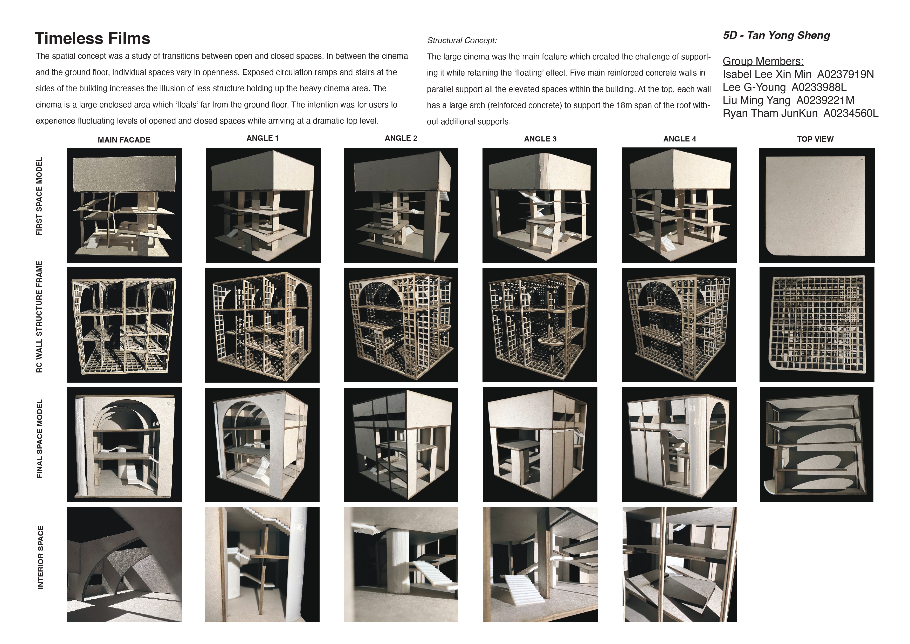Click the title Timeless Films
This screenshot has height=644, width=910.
coord(92,38)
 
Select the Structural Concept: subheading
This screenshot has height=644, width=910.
coord(462,40)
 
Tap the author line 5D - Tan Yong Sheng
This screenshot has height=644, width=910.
coord(776,36)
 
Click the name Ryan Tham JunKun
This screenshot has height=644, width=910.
coord(770,113)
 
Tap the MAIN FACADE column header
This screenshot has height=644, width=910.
coord(124,140)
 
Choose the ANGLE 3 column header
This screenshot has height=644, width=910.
coord(540,139)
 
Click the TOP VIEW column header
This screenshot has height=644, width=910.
coord(815,139)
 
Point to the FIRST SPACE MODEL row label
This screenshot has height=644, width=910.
coord(39,196)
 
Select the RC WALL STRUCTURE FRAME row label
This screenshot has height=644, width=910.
coord(39,316)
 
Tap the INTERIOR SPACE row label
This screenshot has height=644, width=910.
coord(40,557)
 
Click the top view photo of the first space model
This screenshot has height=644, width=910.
coord(816,205)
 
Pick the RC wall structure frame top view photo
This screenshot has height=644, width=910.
coord(816,325)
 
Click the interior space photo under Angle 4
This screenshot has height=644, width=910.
coord(680,565)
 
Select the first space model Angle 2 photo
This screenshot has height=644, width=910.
coord(401,205)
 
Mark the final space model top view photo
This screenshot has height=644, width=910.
coord(816,445)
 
